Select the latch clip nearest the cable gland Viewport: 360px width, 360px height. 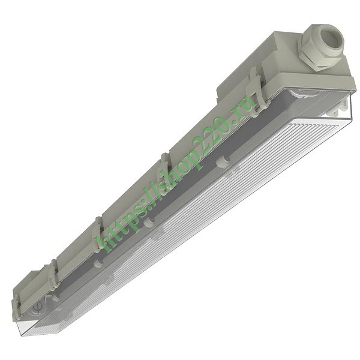(x=256, y=91)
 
